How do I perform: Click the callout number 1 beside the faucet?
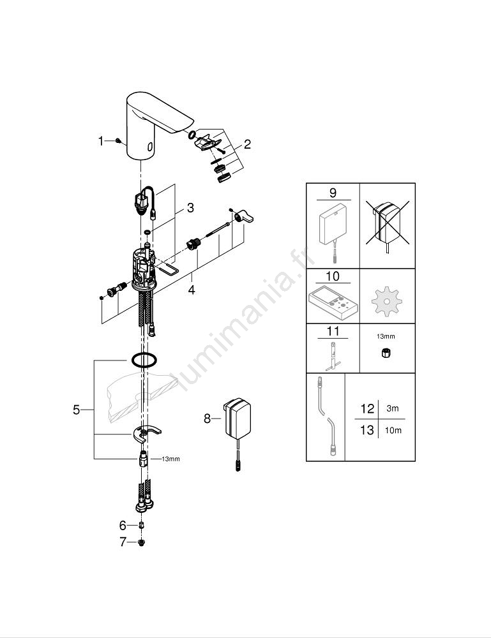pyautogui.click(x=101, y=141)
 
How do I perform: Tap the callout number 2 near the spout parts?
pyautogui.click(x=247, y=144)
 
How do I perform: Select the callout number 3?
pyautogui.click(x=190, y=208)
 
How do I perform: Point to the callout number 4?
pyautogui.click(x=191, y=290)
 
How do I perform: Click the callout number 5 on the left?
pyautogui.click(x=77, y=410)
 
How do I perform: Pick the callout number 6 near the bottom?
pyautogui.click(x=123, y=526)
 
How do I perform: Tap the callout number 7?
pyautogui.click(x=123, y=542)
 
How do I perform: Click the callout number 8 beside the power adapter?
pyautogui.click(x=208, y=419)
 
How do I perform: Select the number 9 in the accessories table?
pyautogui.click(x=333, y=193)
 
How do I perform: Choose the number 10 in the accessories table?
pyautogui.click(x=333, y=276)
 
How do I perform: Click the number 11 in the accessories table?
pyautogui.click(x=333, y=330)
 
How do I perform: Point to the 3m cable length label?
pyautogui.click(x=393, y=408)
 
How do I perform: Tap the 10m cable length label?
pyautogui.click(x=393, y=430)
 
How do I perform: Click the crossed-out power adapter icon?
pyautogui.click(x=387, y=225)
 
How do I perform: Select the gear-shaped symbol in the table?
pyautogui.click(x=386, y=302)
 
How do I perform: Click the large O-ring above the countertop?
pyautogui.click(x=144, y=360)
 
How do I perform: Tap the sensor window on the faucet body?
pyautogui.click(x=150, y=146)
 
